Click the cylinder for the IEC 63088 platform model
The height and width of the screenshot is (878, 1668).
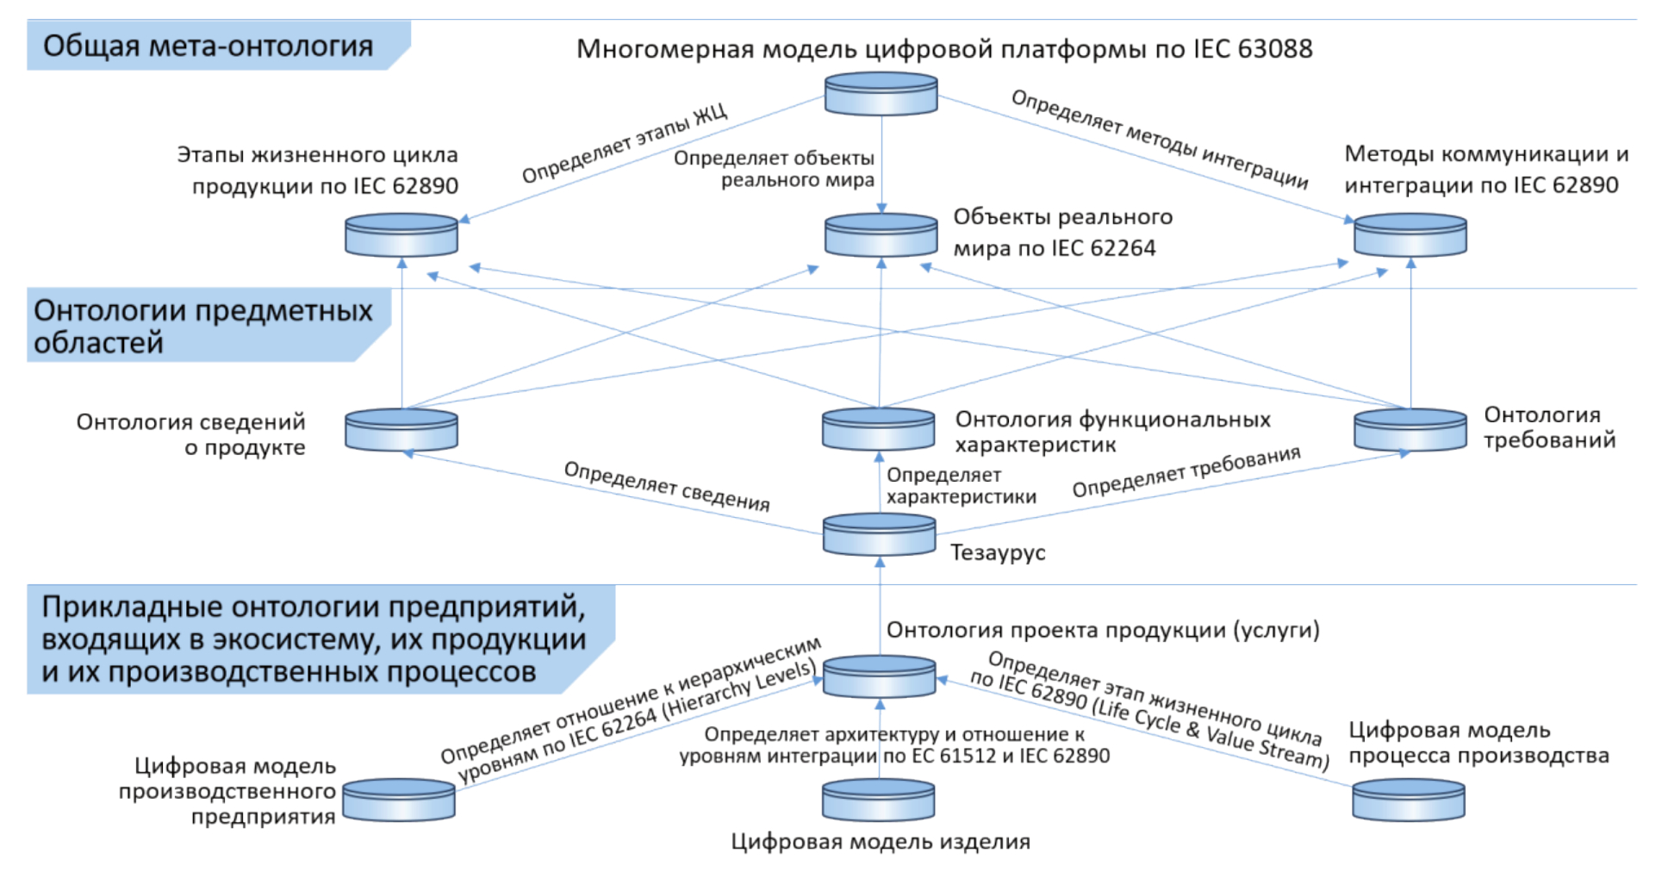coord(881,94)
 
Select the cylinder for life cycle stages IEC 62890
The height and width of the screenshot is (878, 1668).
coord(401,235)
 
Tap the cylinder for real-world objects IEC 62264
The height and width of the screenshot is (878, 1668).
coord(881,235)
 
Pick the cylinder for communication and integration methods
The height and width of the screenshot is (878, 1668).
coord(1410,235)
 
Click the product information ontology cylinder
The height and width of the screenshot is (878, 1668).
coord(401,429)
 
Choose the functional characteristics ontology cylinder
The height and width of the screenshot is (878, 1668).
coord(878,429)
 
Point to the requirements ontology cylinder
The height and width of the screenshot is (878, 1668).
coord(1410,429)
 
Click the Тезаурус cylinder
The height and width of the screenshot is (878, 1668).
coord(879,534)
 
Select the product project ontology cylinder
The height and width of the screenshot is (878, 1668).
coord(879,676)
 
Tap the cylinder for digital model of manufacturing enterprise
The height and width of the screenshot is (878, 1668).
coord(399,800)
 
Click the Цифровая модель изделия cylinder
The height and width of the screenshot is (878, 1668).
coord(878,800)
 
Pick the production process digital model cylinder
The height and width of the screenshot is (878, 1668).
coord(1408,800)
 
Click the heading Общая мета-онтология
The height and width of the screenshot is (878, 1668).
coord(208,46)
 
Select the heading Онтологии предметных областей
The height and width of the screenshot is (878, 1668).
coord(202,326)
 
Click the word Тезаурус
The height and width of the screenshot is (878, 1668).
coord(998,552)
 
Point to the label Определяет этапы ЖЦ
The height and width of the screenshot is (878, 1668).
coord(625,143)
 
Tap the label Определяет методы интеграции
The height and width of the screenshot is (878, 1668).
coord(1159,139)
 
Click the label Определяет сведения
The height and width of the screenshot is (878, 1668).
coord(666,486)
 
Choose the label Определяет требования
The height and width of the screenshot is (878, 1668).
coord(1186,471)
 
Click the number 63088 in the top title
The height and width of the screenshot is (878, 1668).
coord(1274,49)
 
